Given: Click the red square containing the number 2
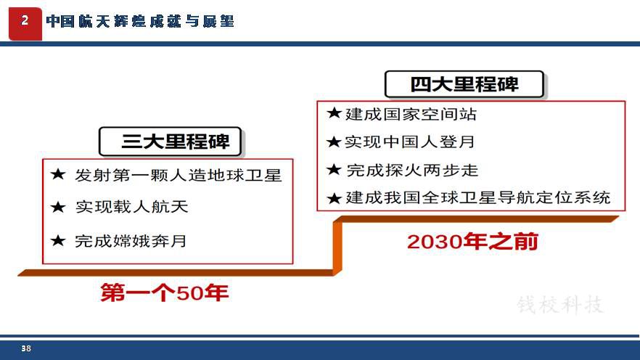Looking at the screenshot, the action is coord(25,24).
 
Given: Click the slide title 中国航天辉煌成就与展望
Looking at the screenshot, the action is coord(140,21).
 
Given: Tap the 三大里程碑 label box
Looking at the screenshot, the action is coord(171,142).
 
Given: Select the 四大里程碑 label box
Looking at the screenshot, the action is coord(464,84).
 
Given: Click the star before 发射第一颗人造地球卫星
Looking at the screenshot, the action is coord(58,175).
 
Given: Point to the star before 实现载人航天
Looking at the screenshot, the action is coord(58,207).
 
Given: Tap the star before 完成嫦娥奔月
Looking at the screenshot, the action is coord(58,240).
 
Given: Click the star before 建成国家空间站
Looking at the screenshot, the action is coord(334,113).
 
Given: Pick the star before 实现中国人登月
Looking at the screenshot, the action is coord(334,142).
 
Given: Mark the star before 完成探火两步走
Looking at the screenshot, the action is coord(334,169).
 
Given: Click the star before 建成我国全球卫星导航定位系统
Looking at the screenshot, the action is coord(334,198).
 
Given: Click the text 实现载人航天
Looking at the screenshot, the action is coord(131,207).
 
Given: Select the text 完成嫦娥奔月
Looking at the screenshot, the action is coord(131,241).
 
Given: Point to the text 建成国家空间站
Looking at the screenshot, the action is coord(411,114).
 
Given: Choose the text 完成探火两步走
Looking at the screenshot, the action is coord(412,171).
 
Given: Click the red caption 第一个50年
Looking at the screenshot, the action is coord(165,292).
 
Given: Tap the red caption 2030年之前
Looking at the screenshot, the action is coord(472,242).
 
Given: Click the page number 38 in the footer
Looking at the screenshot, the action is coord(26,348).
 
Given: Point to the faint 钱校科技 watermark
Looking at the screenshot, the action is coord(560,305).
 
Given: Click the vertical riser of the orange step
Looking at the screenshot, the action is coord(337,246).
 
